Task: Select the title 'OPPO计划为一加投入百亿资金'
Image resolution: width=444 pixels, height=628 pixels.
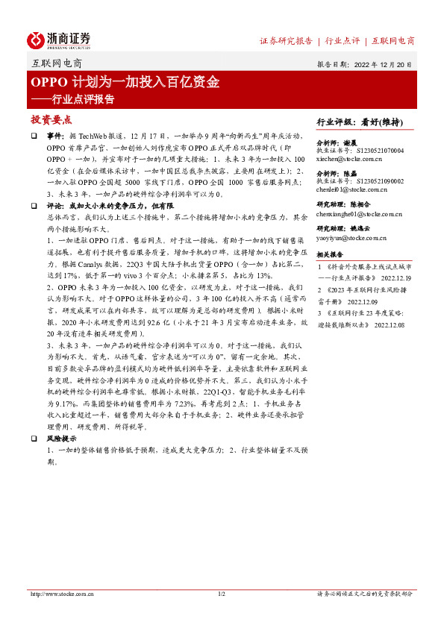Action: (x=125, y=82)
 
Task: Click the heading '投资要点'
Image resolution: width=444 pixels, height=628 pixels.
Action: (x=51, y=119)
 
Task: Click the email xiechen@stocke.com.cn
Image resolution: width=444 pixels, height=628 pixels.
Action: (x=349, y=159)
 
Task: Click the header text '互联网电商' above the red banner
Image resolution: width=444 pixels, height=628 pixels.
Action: (x=58, y=64)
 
